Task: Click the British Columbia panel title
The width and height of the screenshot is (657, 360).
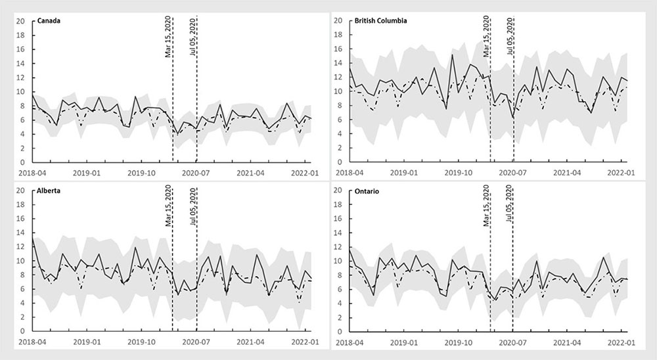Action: point(380,20)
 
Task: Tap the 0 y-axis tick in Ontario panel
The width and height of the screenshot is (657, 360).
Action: point(340,332)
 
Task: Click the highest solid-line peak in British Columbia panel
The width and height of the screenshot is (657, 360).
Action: point(452,54)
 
